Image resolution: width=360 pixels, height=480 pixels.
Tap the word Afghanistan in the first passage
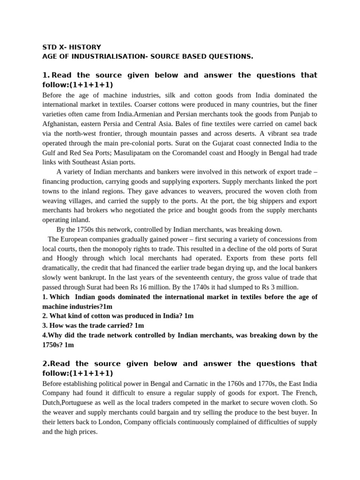tap(61, 124)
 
